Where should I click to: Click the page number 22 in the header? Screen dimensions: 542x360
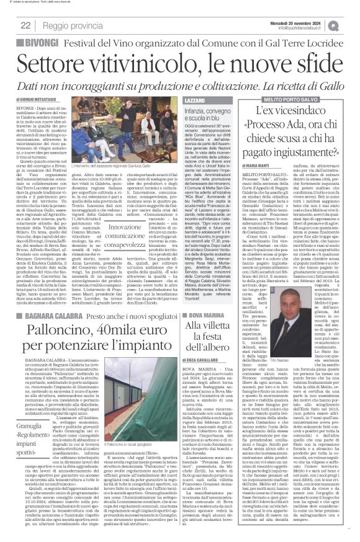[26, 25]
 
